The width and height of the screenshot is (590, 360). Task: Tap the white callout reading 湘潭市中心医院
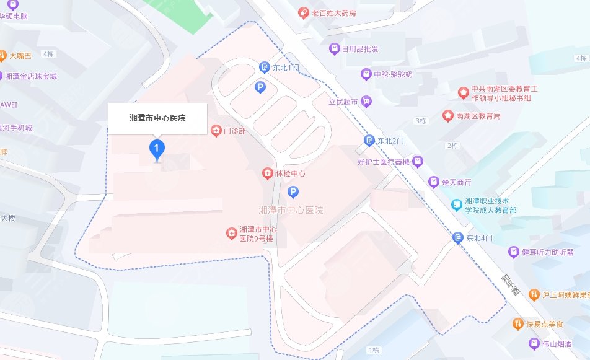[157, 118]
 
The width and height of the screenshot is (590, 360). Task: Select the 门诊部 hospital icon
[216, 130]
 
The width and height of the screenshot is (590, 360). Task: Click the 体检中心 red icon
[268, 173]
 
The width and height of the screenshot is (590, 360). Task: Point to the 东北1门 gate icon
[264, 66]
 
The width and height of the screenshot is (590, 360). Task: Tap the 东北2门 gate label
[390, 141]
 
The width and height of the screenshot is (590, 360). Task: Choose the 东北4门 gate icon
[458, 237]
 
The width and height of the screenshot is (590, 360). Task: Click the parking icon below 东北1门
[260, 88]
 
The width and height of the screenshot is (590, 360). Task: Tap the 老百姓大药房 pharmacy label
[333, 12]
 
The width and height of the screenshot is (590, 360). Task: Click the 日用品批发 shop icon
[334, 49]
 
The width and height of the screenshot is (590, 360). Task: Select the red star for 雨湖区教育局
[447, 116]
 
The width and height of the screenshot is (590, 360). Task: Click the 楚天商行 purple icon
[434, 182]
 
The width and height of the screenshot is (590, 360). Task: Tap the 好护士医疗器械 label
[384, 162]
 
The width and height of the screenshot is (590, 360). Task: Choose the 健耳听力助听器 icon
[513, 252]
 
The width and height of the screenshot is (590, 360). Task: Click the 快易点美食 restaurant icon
[517, 324]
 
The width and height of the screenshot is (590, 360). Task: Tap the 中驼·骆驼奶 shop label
[394, 74]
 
